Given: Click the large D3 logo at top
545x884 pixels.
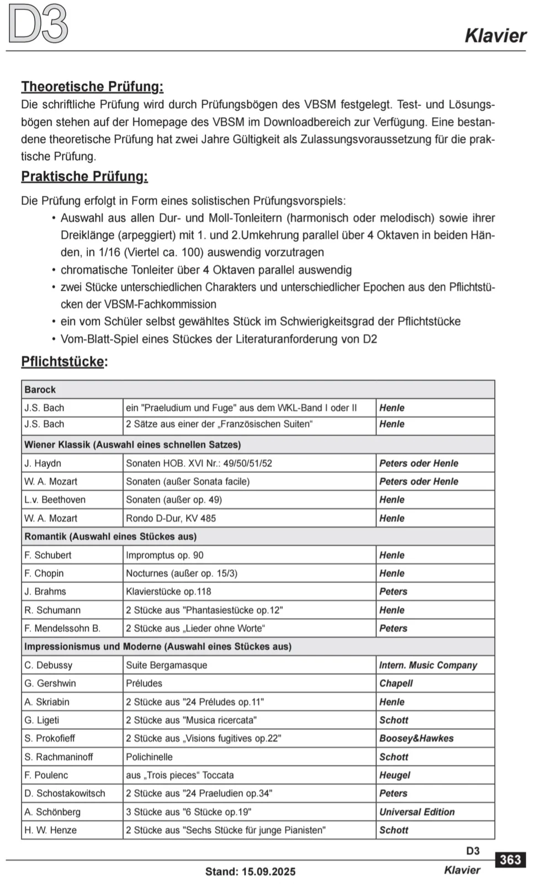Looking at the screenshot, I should coord(38,24).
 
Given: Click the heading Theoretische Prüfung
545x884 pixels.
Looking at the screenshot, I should coord(92,87).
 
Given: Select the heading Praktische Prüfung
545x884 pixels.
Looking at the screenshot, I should coord(84,177).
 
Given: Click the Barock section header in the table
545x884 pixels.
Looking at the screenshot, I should coord(40,390).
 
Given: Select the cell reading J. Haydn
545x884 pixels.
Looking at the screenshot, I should coord(43,464).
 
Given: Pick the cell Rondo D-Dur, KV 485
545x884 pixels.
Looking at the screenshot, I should coord(171,518).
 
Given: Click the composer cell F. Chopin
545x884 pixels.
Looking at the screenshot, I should coord(44,573).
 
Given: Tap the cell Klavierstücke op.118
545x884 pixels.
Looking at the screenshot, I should coord(168,592).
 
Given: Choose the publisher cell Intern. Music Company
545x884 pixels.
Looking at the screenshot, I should coord(428,665).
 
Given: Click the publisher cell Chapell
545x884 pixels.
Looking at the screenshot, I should coord(396,683).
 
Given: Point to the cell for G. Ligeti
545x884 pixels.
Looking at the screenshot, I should coord(42,720).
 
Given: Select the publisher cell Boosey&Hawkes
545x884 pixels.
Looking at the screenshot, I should coord(416,739).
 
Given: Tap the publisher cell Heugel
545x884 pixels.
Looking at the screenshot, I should coord(394,775).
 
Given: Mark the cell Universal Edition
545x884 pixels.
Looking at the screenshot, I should coord(417,812).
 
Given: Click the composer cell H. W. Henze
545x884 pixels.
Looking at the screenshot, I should coord(51,830).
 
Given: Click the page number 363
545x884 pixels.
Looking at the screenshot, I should coord(510,860).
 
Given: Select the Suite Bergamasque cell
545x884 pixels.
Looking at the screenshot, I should coord(167,665).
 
